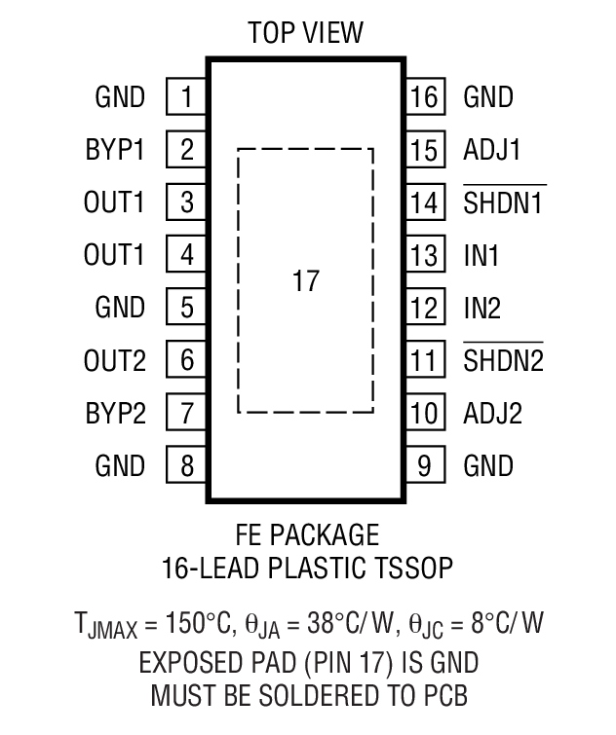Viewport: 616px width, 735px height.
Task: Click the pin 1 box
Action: (186, 97)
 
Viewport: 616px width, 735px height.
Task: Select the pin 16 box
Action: (425, 97)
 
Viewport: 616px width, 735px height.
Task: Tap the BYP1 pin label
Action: (114, 151)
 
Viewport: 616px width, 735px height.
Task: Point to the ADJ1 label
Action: (492, 151)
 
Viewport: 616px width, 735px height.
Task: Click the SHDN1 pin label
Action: (503, 203)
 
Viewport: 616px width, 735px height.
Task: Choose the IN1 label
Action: (481, 256)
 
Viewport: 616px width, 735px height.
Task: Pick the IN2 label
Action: (482, 309)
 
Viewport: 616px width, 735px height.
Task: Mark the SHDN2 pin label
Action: (503, 361)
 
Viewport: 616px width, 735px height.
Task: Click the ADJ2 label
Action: (492, 414)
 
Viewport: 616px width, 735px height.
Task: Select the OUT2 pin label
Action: (114, 361)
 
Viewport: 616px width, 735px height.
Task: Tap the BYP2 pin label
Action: (114, 414)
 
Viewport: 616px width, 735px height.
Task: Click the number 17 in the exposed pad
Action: (305, 282)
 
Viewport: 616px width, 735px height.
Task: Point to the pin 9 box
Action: (425, 465)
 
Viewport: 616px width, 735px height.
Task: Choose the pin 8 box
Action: (186, 465)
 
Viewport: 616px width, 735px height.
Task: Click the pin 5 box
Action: (186, 309)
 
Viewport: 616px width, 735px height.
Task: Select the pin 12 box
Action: (425, 309)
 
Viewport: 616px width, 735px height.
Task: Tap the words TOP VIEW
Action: (305, 33)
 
